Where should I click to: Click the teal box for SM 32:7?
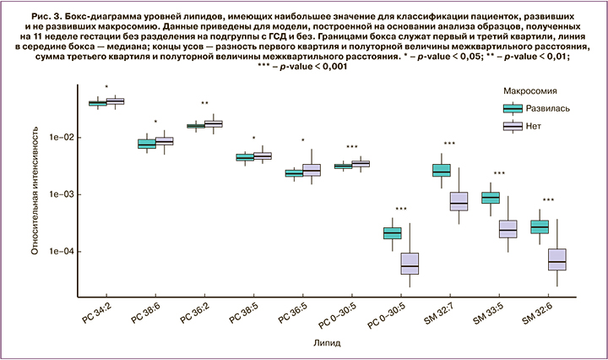pyautogui.click(x=441, y=171)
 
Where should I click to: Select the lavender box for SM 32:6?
pyautogui.click(x=556, y=259)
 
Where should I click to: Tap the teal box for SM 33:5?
pyautogui.click(x=490, y=198)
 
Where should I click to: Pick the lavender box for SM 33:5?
pyautogui.click(x=508, y=229)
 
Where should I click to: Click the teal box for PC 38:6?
pyautogui.click(x=147, y=144)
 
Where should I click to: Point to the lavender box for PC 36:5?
pyautogui.click(x=312, y=169)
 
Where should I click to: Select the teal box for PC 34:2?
pyautogui.click(x=98, y=103)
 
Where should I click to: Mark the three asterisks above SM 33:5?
pyautogui.click(x=499, y=174)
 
